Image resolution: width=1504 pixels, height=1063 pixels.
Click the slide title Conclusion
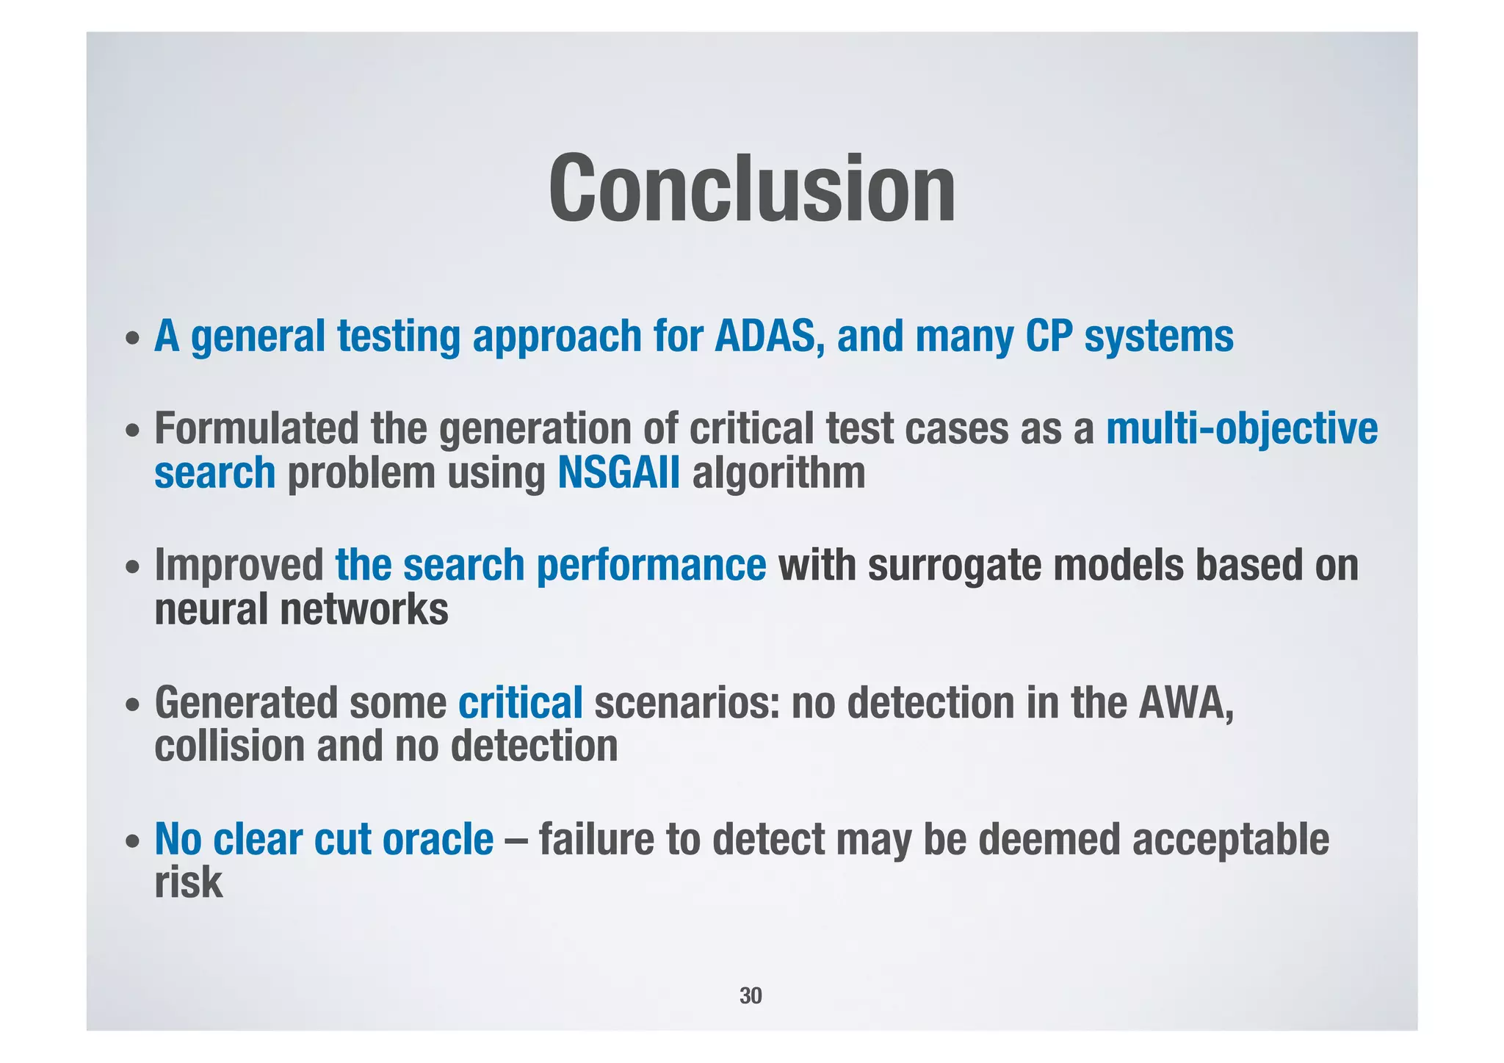[751, 189]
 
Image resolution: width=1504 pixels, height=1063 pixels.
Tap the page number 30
[751, 996]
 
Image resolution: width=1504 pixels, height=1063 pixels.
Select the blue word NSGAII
[618, 473]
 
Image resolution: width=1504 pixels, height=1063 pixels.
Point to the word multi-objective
[1241, 430]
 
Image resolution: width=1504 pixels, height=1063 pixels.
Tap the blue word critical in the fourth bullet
[520, 703]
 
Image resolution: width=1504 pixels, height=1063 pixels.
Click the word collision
[229, 747]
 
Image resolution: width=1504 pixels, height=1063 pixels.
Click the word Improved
[239, 566]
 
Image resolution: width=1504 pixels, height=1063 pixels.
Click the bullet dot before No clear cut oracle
[132, 842]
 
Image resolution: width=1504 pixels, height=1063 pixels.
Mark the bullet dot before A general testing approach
[132, 340]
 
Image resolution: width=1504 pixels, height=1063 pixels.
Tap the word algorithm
[778, 473]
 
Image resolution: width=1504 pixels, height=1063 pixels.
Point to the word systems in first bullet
[1158, 337]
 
